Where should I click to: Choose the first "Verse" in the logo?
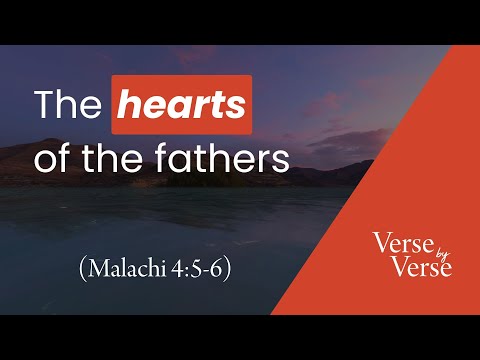400,241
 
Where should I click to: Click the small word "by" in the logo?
422,255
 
